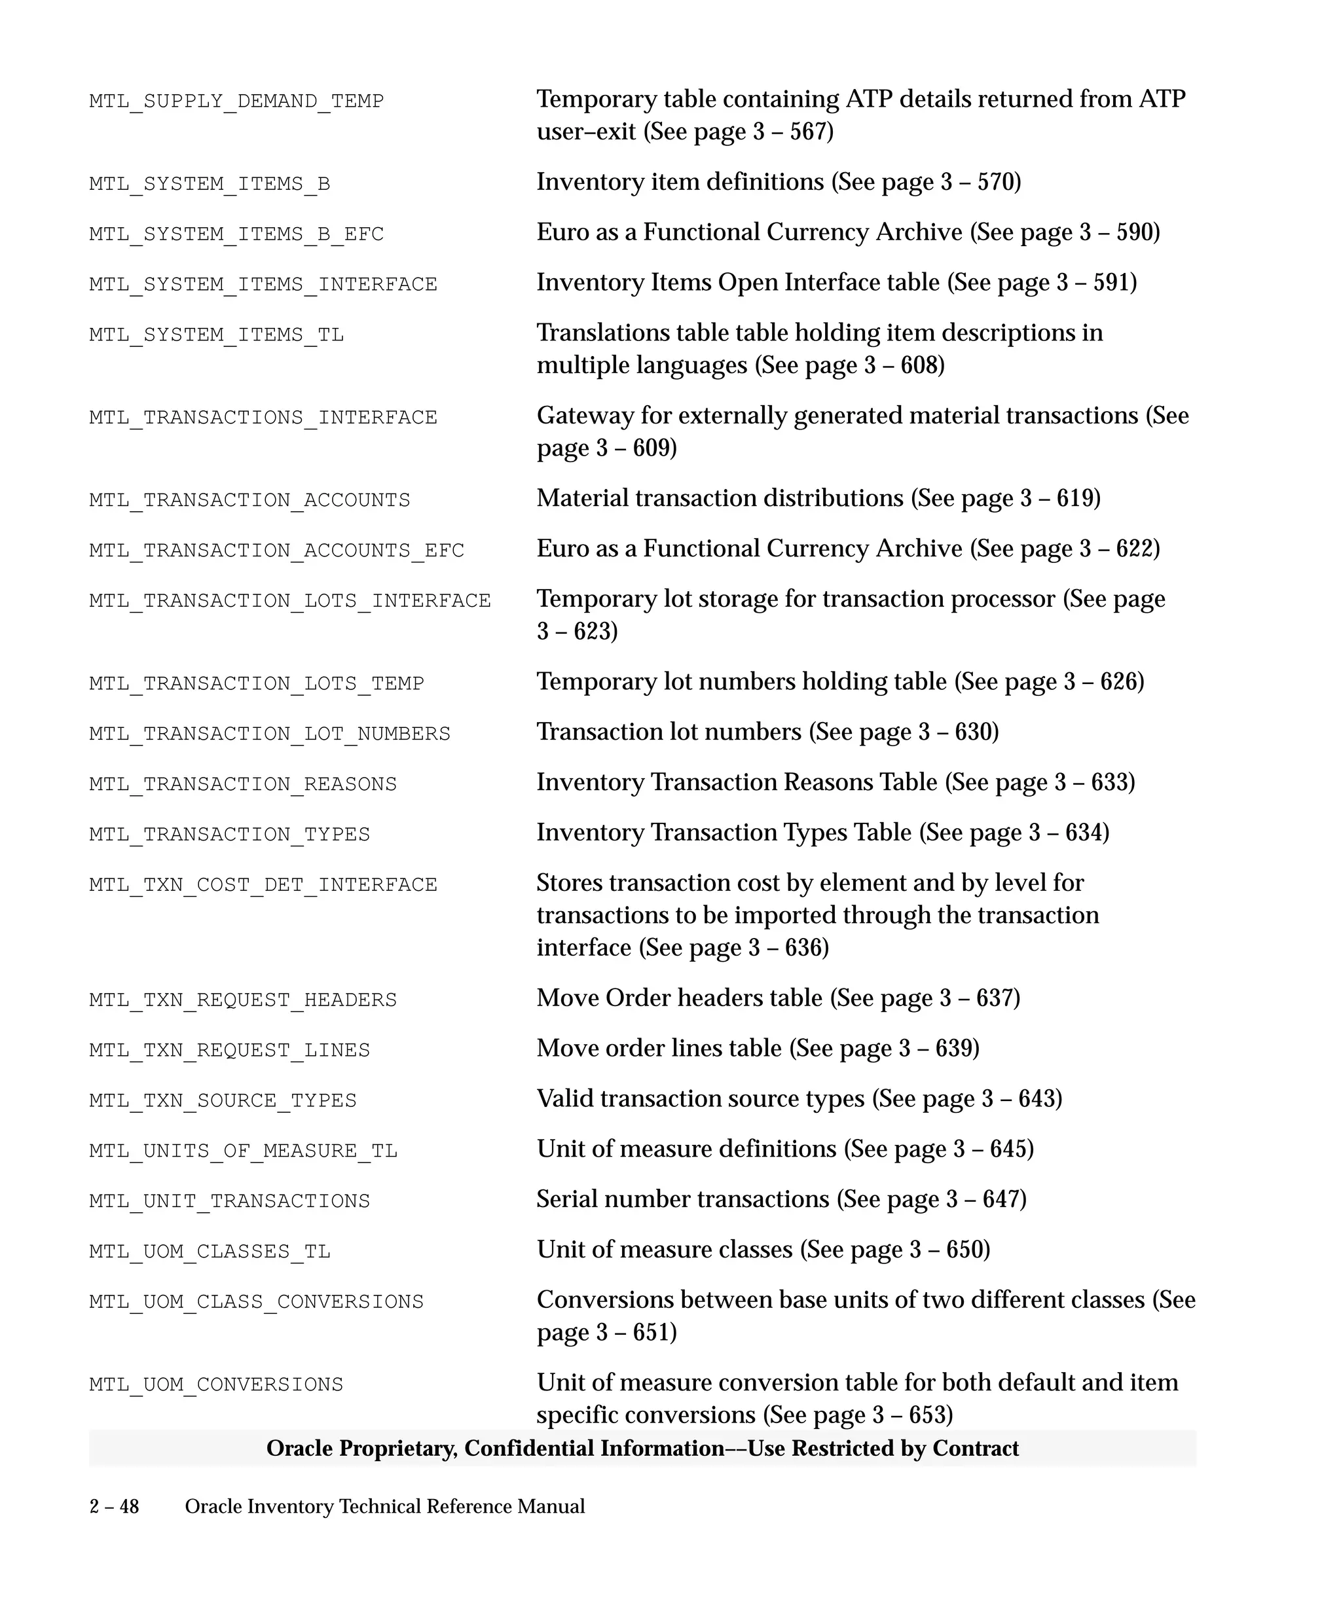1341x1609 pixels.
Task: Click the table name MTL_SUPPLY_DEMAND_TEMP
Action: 236,101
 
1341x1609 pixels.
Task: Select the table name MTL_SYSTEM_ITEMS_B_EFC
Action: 236,234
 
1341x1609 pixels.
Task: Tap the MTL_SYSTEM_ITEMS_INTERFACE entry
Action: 263,284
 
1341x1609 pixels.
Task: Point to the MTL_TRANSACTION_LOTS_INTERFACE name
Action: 289,601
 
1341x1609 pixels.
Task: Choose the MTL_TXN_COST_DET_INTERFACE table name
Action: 263,885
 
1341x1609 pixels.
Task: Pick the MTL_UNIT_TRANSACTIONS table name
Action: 229,1201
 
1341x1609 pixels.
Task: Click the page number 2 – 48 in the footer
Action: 114,1507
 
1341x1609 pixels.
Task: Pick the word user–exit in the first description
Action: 586,132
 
